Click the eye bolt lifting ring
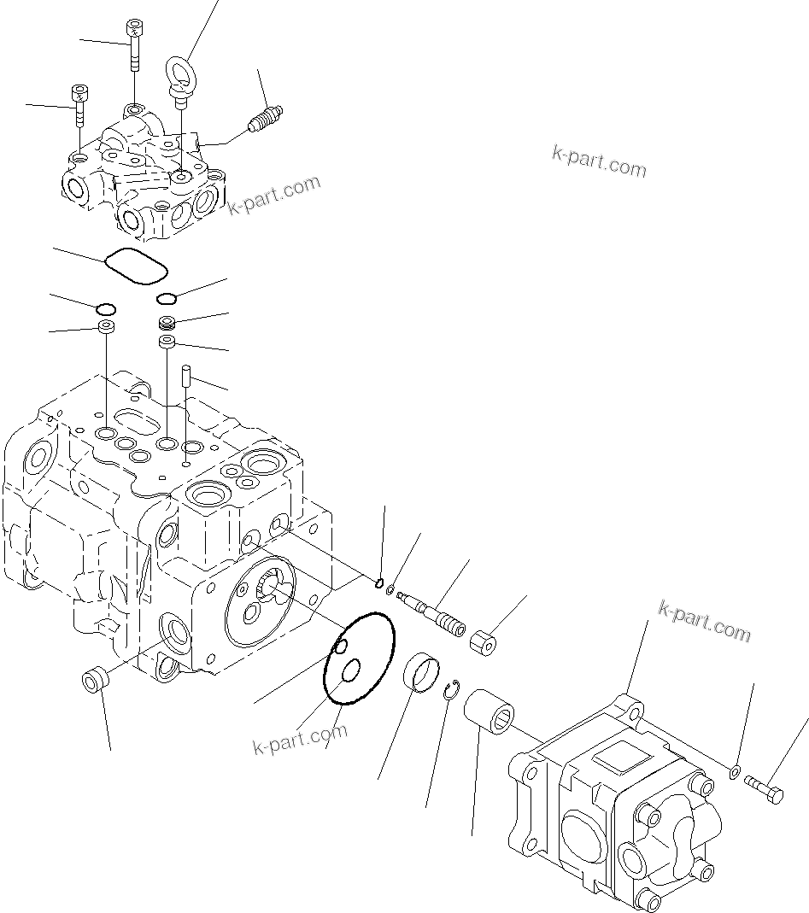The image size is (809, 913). click(181, 70)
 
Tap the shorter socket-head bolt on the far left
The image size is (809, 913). click(79, 104)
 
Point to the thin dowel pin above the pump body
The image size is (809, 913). click(185, 377)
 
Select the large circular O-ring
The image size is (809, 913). click(359, 658)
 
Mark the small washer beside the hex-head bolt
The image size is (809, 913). click(734, 773)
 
